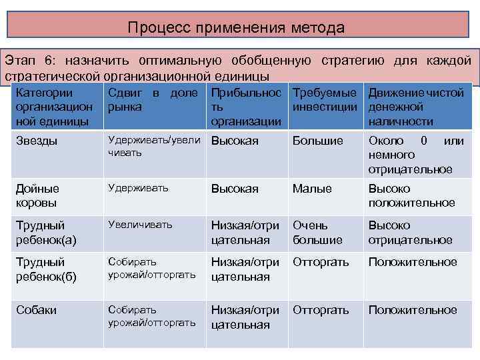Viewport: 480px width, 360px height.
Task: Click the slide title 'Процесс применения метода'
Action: click(237, 28)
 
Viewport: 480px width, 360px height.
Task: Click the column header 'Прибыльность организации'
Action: click(246, 107)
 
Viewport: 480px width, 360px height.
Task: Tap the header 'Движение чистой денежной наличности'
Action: click(415, 107)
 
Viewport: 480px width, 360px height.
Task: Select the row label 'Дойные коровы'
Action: click(38, 195)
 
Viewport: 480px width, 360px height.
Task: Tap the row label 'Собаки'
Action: click(36, 310)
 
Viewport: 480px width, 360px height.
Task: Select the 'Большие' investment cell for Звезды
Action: click(318, 141)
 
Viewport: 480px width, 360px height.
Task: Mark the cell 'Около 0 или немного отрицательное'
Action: click(415, 155)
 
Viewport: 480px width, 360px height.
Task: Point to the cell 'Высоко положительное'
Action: click(411, 195)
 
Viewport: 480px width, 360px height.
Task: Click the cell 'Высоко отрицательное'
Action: click(410, 232)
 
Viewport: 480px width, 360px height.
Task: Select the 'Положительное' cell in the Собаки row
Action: click(413, 310)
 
